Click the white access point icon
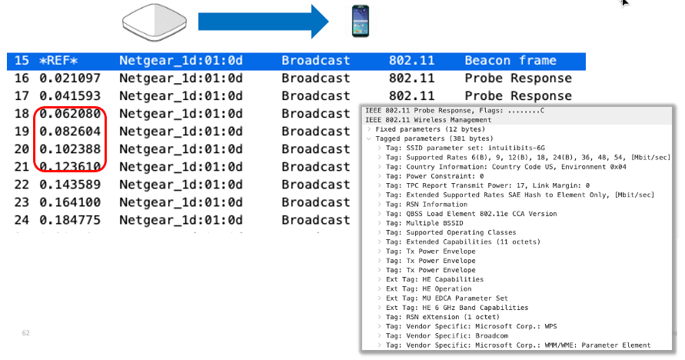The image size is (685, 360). [x=155, y=22]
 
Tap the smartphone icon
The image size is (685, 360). [x=361, y=21]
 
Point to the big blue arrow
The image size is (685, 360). [x=264, y=22]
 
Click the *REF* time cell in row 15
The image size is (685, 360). [x=58, y=60]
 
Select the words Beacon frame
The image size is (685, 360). [x=510, y=60]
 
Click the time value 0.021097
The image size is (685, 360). [x=70, y=78]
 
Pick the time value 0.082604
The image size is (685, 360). [x=70, y=132]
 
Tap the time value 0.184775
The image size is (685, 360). [x=70, y=220]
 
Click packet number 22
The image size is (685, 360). [x=22, y=185]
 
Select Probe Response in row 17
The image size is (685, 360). [x=518, y=96]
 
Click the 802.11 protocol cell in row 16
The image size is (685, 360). [x=411, y=78]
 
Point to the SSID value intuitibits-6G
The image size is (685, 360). [x=517, y=148]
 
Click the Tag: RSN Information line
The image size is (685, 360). [x=427, y=205]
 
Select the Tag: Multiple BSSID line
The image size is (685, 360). [x=424, y=223]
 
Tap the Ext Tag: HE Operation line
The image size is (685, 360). [x=428, y=288]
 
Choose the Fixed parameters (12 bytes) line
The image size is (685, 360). [x=431, y=129]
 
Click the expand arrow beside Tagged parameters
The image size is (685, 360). [x=369, y=139]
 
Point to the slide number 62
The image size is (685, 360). [x=26, y=333]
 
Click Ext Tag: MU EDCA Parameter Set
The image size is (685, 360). [x=447, y=298]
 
